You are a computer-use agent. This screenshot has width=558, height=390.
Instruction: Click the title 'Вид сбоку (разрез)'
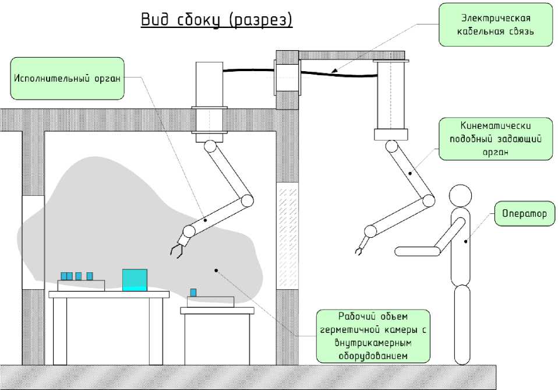coord(216,20)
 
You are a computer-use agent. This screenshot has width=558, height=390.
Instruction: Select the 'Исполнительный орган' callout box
coord(67,78)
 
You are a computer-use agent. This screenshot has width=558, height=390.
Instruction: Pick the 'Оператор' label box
coord(524,214)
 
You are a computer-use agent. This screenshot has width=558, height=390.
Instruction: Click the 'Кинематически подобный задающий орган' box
coord(496,139)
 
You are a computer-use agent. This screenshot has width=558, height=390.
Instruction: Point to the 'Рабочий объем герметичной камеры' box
coord(373,336)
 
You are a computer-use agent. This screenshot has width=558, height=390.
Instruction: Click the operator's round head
coord(459,196)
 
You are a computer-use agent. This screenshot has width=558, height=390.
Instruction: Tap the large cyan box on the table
coord(135,280)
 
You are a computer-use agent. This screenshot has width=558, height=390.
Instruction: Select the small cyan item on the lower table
coord(193,292)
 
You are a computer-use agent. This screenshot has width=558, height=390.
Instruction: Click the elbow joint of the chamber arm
coord(247,201)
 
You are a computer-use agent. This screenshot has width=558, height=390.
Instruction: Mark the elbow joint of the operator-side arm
coord(428,201)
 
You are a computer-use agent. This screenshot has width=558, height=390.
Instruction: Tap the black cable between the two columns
coord(338,73)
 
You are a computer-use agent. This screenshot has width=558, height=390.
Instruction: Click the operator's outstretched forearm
coord(417,251)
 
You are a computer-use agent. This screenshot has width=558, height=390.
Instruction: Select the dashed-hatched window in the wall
coord(287,236)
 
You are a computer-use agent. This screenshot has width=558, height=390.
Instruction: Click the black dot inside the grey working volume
coord(216,269)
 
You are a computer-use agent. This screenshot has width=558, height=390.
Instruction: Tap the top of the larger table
coord(109,294)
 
